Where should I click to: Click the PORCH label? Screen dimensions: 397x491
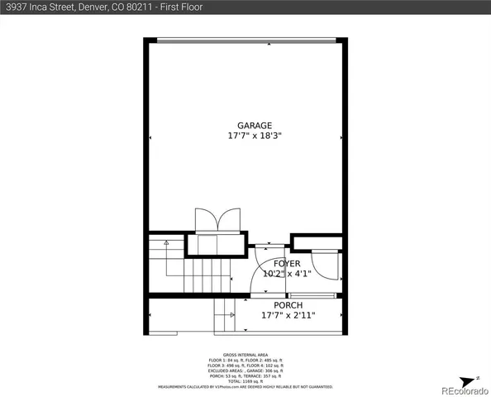[x=288, y=305]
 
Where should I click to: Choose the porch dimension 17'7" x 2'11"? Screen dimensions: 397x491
[x=288, y=315]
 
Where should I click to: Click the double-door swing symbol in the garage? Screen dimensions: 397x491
[x=217, y=220]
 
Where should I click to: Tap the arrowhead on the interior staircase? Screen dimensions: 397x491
[x=167, y=242]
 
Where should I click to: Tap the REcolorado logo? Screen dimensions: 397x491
[x=463, y=390]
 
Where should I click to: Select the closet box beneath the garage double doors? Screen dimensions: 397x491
[x=215, y=245]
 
